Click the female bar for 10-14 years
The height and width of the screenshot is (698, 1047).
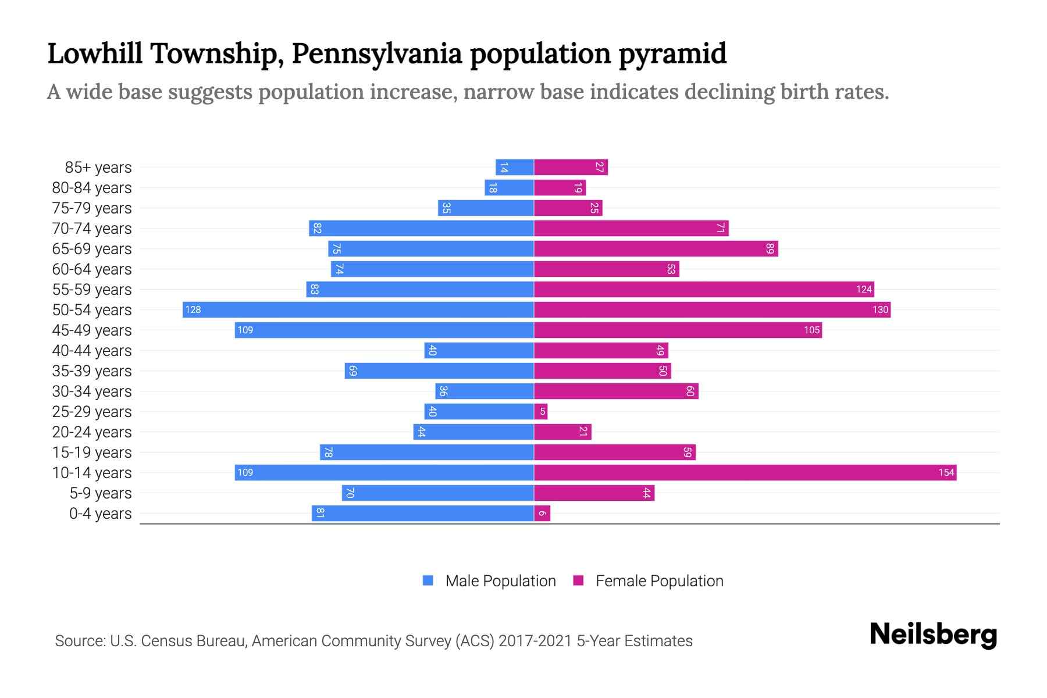pos(745,473)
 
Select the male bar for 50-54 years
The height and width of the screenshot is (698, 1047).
pos(358,310)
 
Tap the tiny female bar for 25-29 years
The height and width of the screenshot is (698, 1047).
pos(541,412)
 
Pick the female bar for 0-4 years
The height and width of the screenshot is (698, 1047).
pos(542,514)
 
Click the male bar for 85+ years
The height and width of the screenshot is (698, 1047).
pos(515,168)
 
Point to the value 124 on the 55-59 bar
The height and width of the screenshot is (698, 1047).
pos(864,290)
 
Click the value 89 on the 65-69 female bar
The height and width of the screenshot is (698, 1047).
pos(770,249)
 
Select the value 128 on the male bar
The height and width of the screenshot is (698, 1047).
pos(193,310)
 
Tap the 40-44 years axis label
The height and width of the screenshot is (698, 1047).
pos(92,351)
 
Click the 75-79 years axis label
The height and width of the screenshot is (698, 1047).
pos(92,208)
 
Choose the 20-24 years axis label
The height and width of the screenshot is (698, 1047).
pos(92,432)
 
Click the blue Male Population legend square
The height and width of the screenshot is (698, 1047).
pos(428,581)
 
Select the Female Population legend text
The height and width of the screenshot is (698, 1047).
pos(659,581)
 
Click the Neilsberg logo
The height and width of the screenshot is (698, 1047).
pos(933,635)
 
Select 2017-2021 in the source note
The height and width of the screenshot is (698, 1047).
pos(535,641)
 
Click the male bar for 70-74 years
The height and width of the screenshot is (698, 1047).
pos(421,229)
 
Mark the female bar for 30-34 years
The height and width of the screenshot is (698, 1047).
pos(615,391)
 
